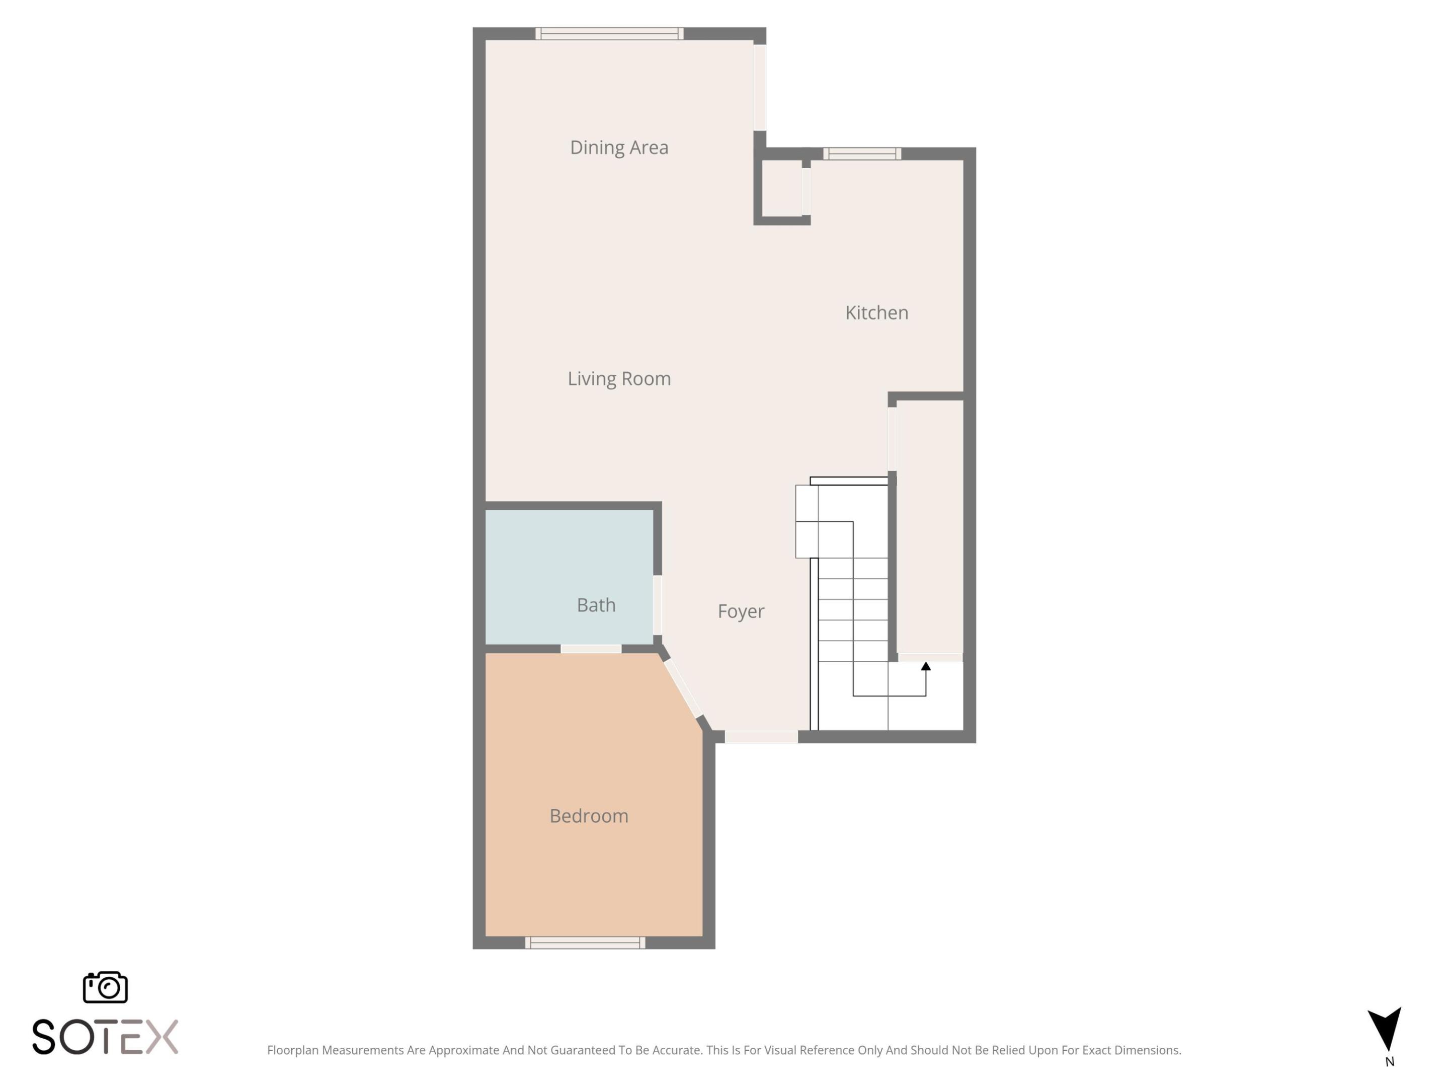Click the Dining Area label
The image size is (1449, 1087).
[x=619, y=147]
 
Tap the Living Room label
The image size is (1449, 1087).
[x=619, y=379]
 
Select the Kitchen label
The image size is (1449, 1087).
[x=876, y=313]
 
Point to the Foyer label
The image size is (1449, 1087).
[x=741, y=611]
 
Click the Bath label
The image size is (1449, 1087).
[x=596, y=605]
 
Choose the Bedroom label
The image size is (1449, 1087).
[x=589, y=816]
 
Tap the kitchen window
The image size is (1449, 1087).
[x=862, y=154]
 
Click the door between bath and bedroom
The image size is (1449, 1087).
[x=591, y=649]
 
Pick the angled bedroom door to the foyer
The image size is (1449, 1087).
[x=683, y=688]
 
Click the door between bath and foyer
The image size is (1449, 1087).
[x=658, y=605]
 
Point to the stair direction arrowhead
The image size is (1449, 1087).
[x=926, y=666]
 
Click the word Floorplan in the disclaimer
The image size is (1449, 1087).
[x=293, y=1050]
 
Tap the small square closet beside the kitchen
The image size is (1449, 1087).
[x=781, y=188]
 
